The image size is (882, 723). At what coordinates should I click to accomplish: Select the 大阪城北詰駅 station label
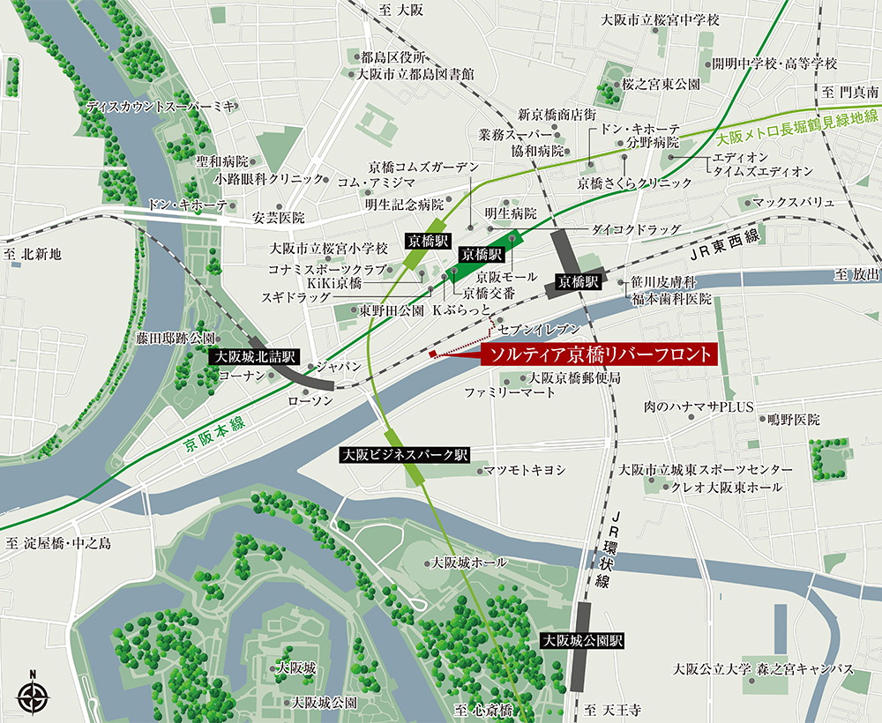pos(254,357)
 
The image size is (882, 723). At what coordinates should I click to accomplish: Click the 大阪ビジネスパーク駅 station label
pos(405,455)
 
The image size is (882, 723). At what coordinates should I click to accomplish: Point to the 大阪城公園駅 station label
pos(582,641)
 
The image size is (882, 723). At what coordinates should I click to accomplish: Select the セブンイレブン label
pos(540,327)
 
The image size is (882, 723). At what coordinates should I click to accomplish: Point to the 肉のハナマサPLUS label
pos(698,407)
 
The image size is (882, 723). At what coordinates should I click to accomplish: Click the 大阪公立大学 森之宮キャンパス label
pos(763,667)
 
